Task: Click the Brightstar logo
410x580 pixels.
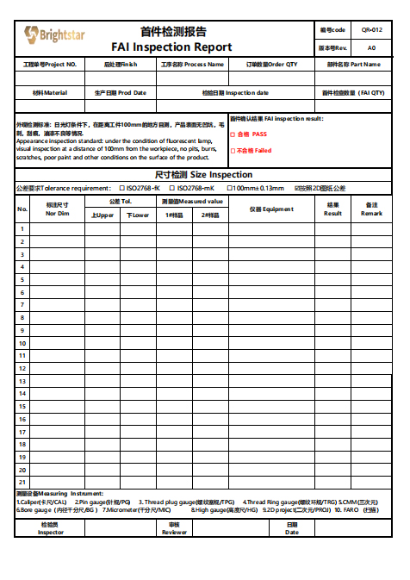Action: [54, 34]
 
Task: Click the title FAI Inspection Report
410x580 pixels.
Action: [171, 47]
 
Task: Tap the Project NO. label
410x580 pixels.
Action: [50, 64]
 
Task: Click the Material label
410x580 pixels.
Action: [50, 92]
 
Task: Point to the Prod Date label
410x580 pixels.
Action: [121, 92]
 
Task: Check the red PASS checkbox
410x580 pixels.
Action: [233, 134]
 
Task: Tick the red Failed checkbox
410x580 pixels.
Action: [233, 151]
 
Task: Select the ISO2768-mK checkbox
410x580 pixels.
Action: [171, 188]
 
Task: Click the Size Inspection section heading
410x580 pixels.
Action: [204, 175]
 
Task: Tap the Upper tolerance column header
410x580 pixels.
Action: [102, 215]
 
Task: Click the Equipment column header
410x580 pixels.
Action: [271, 209]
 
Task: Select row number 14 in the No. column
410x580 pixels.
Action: [22, 393]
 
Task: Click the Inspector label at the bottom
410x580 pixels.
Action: [50, 528]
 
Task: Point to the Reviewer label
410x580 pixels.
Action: [174, 528]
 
